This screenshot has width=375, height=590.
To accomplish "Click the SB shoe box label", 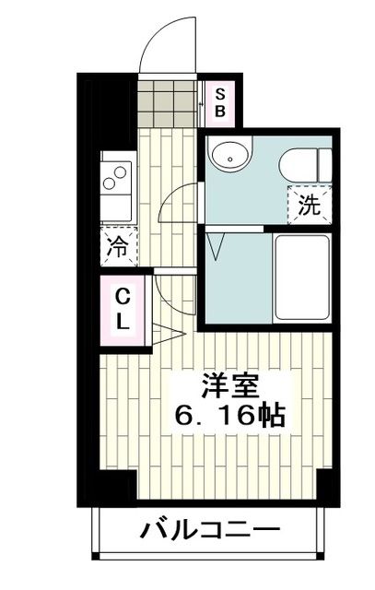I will click(220, 102).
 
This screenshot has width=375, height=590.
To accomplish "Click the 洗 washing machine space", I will click(311, 206).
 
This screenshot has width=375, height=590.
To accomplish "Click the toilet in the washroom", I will click(299, 164).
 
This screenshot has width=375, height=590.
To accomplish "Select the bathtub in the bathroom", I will click(301, 277).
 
